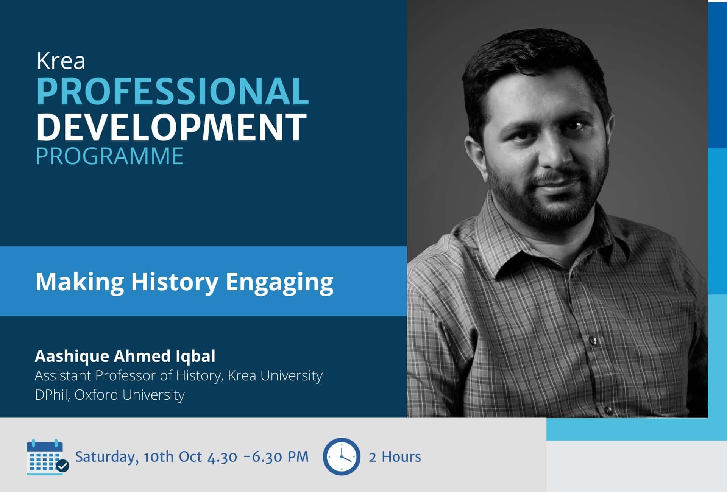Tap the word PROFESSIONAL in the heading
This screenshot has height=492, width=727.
(173, 91)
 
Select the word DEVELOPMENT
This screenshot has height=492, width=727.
(172, 126)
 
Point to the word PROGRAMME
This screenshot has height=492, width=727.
(109, 156)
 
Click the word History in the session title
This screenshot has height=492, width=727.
(175, 282)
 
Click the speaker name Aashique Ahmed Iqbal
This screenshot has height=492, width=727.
(125, 356)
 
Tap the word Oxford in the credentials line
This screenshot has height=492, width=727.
(96, 395)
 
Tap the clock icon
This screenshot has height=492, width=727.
(342, 456)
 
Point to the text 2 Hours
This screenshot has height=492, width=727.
(395, 457)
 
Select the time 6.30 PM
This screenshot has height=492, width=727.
(280, 457)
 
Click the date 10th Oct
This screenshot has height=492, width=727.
(173, 456)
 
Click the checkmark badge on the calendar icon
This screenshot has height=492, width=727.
(63, 466)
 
